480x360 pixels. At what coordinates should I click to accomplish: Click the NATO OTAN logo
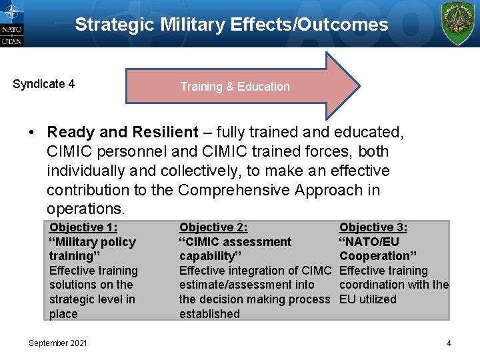pos(11,23)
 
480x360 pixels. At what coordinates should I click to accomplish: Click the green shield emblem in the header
pos(458,23)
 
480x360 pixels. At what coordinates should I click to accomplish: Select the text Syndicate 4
pos(43,84)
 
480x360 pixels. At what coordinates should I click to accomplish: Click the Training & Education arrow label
pos(235,87)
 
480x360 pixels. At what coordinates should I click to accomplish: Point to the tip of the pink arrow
pos(358,86)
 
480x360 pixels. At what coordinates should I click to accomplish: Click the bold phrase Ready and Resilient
pos(123,133)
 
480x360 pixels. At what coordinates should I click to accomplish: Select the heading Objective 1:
pos(83,227)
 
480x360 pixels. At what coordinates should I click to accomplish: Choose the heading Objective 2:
pos(213,227)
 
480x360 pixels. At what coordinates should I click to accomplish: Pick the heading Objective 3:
pos(373,227)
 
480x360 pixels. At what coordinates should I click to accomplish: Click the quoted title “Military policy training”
pos(91,249)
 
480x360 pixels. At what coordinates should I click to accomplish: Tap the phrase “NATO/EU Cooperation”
pos(378,249)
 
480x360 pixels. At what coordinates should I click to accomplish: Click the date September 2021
pos(57,343)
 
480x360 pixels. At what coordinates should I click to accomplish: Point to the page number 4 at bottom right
pos(449,343)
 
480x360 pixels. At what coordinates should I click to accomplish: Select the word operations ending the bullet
pos(85,209)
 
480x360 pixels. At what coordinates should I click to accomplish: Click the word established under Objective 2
pos(209,314)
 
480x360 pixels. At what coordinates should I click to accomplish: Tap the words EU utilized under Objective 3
pos(367,299)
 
